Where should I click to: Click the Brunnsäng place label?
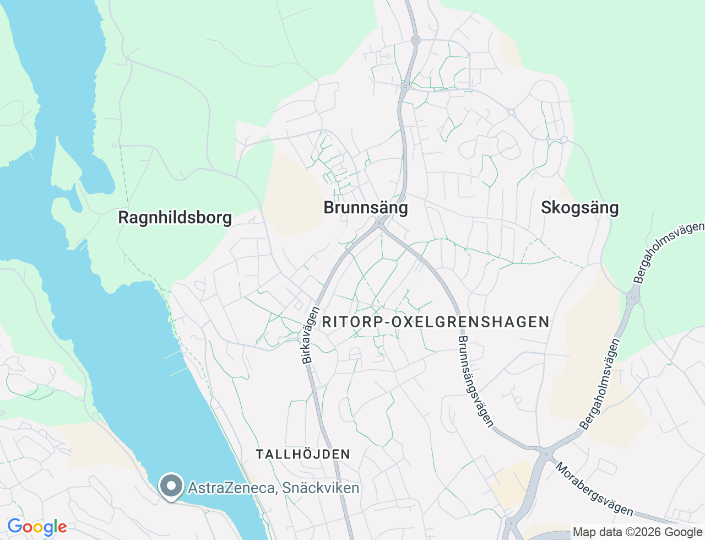[x=366, y=208]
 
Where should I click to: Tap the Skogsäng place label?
[x=579, y=208]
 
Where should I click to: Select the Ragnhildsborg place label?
[x=175, y=218]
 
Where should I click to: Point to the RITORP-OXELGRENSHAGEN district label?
[x=436, y=322]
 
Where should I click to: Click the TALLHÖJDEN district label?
[x=303, y=454]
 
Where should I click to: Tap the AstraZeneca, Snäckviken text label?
[x=274, y=488]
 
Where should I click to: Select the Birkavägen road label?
[x=310, y=335]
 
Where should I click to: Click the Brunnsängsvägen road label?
[x=475, y=381]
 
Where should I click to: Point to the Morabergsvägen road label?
[x=594, y=489]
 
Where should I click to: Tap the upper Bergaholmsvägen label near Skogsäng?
[x=669, y=252]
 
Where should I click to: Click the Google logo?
[x=37, y=527]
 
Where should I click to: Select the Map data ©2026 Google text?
[x=637, y=532]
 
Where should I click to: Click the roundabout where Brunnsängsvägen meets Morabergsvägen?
[x=546, y=455]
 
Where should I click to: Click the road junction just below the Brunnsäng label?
[x=379, y=224]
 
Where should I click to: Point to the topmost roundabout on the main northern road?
[x=416, y=40]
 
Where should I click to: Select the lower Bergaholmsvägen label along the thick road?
[x=600, y=384]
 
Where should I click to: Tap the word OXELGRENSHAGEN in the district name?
[x=470, y=322]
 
